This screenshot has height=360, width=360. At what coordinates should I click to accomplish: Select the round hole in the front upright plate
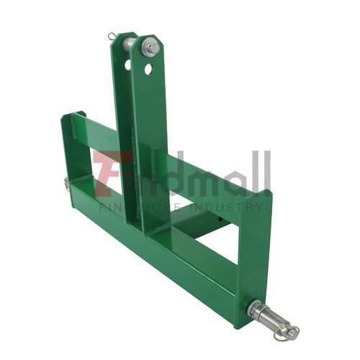(148, 70)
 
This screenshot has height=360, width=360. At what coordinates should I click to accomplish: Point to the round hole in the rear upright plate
(127, 64)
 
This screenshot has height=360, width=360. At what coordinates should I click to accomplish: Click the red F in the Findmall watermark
(108, 174)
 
